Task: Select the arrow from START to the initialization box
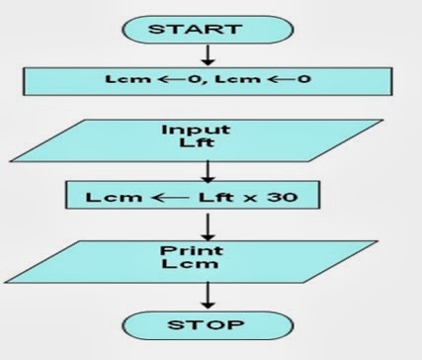tap(207, 54)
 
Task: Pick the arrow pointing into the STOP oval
tap(208, 294)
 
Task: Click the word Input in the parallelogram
tap(209, 130)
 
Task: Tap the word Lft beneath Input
tap(209, 144)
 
